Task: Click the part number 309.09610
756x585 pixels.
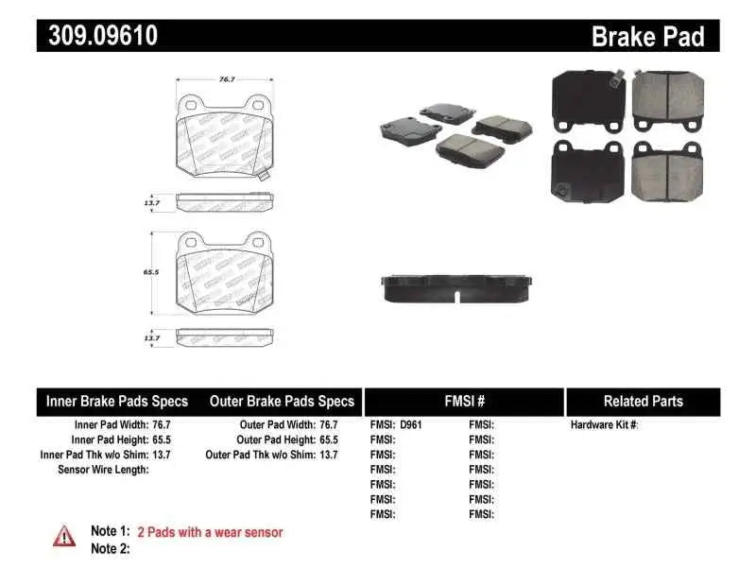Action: (98, 36)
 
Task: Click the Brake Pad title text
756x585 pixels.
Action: (647, 37)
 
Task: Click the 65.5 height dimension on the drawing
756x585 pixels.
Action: (148, 270)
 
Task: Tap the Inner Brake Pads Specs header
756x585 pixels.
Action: (117, 402)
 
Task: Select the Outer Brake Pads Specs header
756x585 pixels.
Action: (281, 402)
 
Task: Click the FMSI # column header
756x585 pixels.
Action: (464, 402)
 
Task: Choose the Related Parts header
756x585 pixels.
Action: (643, 402)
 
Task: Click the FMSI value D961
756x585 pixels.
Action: (411, 425)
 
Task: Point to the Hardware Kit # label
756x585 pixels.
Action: (605, 425)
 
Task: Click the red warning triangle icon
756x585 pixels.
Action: (64, 536)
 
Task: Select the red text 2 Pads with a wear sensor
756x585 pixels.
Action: (210, 532)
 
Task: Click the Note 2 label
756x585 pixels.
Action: (110, 548)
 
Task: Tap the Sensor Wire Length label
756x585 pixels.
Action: (103, 470)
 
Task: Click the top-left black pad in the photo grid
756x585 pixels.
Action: (588, 101)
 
